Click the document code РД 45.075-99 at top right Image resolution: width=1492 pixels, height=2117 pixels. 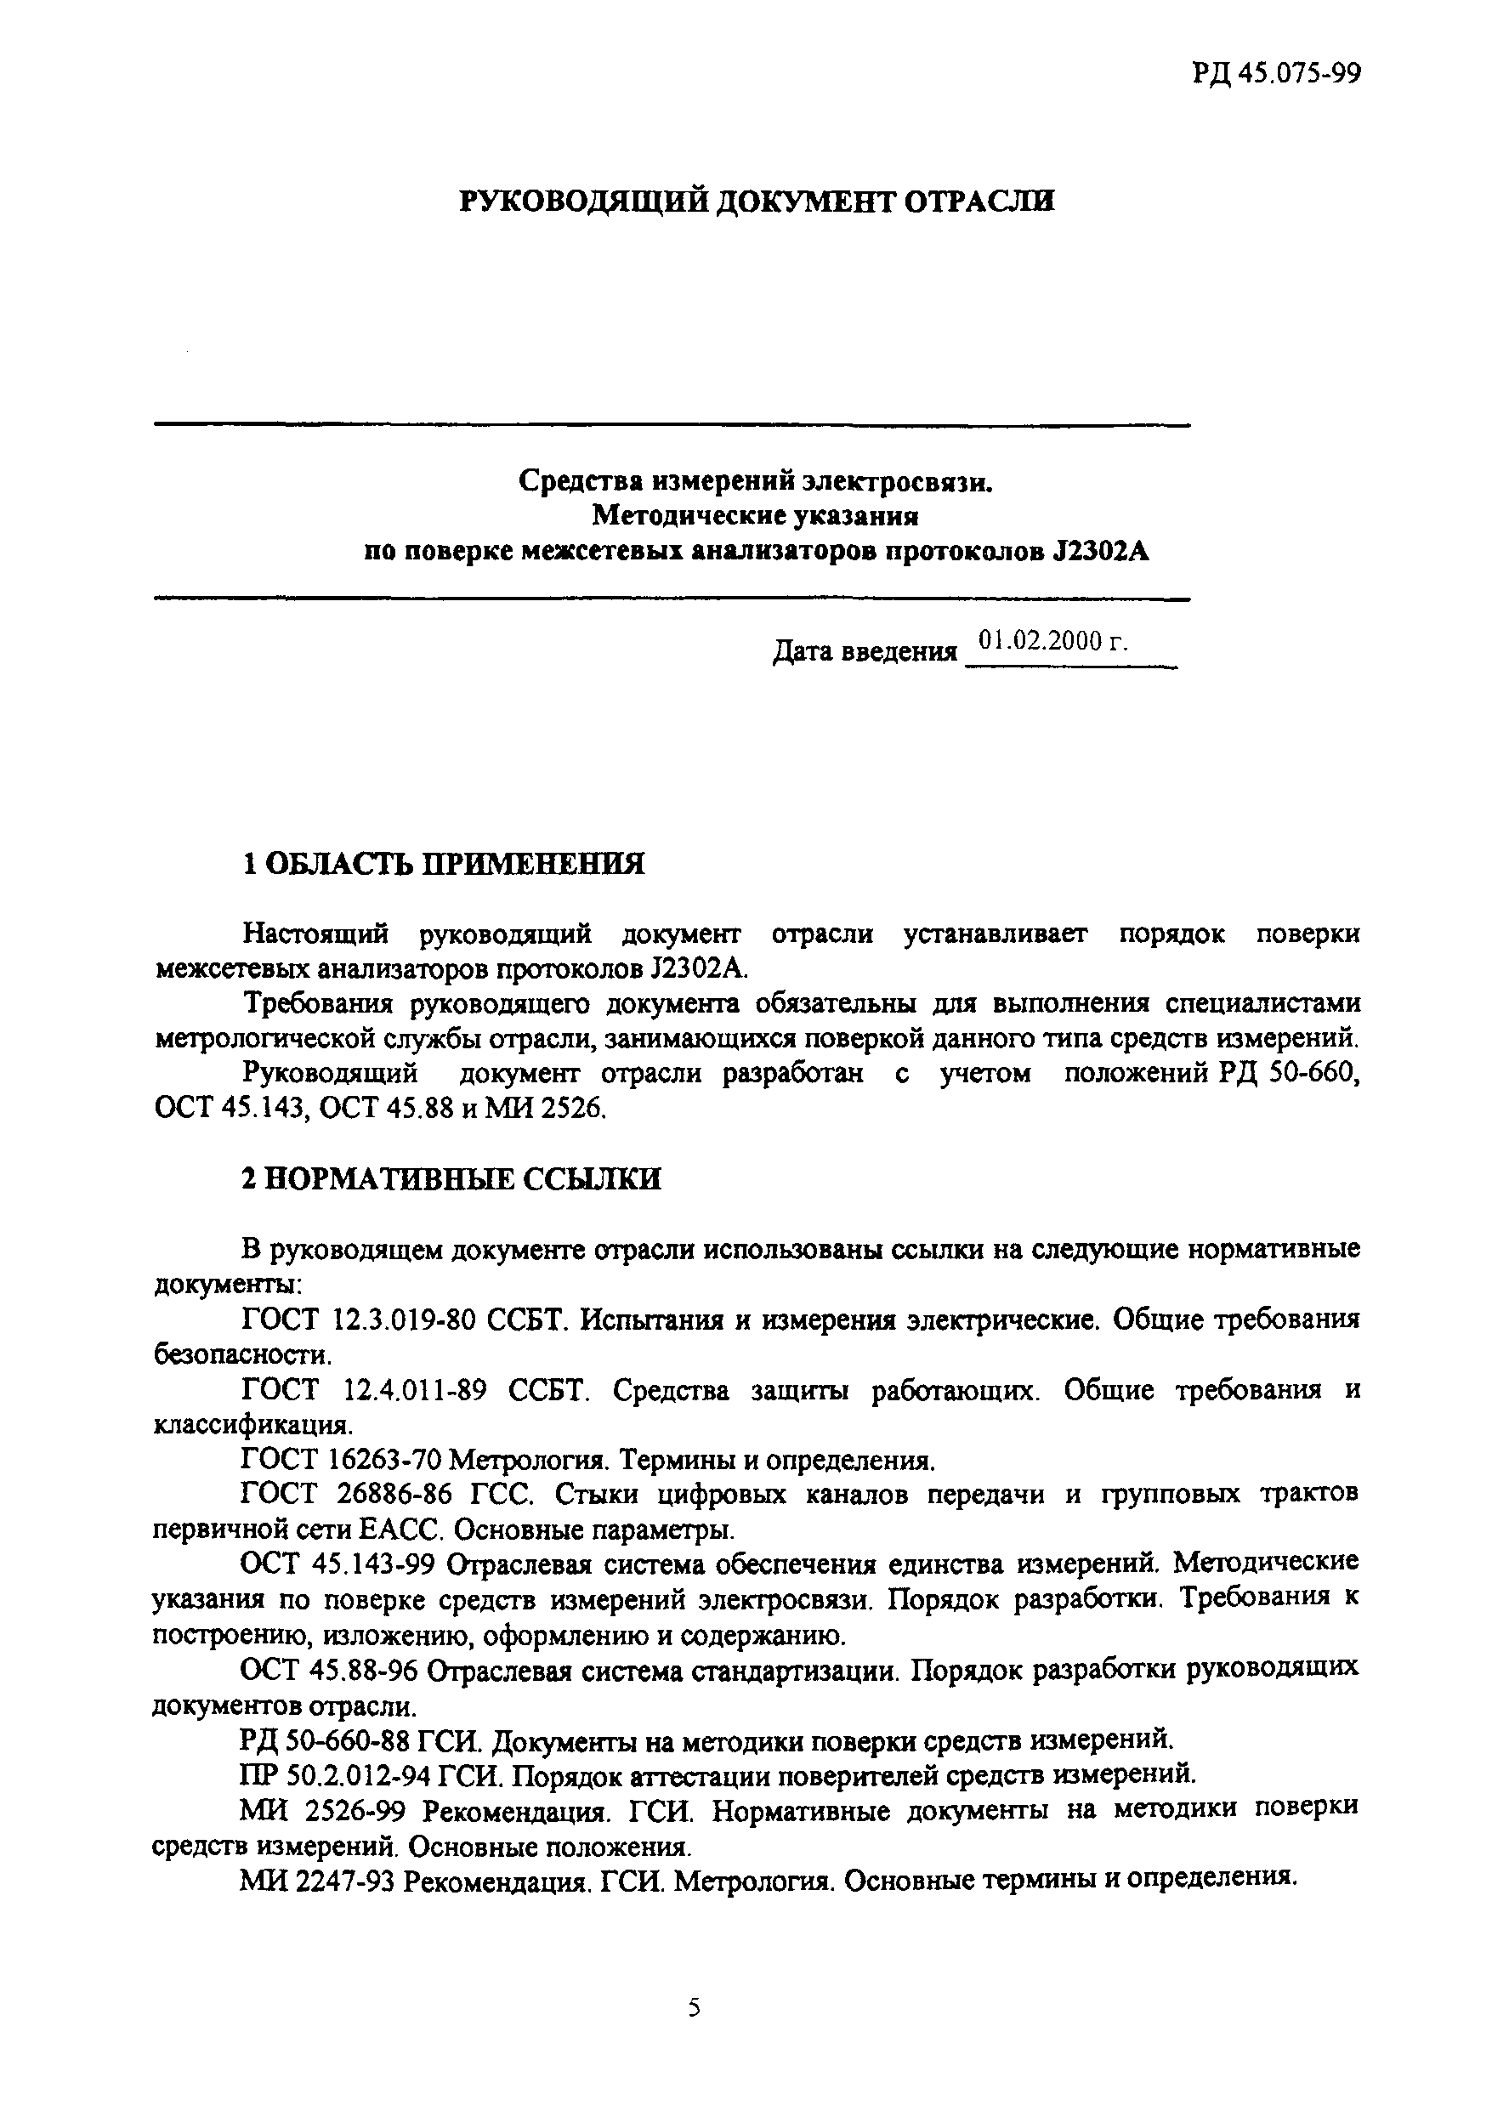coord(1275,73)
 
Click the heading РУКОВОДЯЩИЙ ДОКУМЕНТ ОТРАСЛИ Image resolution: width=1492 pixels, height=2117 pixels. coord(756,201)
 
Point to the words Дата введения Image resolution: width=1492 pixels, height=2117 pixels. coord(864,653)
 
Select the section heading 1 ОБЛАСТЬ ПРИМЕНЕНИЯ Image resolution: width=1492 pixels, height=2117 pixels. coord(443,864)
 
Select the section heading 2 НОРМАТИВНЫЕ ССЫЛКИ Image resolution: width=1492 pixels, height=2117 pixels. coord(451,1179)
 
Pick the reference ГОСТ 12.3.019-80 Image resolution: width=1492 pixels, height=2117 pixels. coord(359,1320)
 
